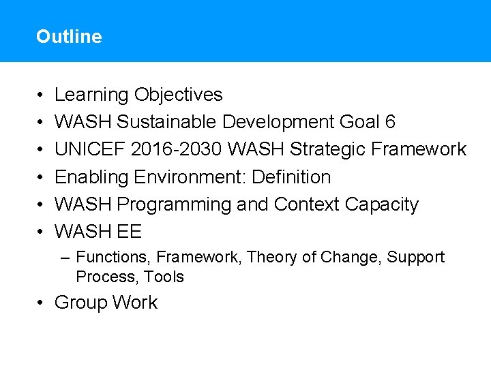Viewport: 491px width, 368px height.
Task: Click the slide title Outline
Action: (69, 37)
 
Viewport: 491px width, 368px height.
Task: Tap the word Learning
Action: (91, 95)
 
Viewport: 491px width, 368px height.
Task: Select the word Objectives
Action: (179, 95)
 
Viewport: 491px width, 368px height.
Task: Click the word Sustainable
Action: (167, 122)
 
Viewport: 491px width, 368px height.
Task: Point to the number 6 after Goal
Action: (390, 122)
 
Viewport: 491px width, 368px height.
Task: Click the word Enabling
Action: (92, 177)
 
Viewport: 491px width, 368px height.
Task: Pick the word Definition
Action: (291, 177)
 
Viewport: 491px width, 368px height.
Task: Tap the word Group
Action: (81, 303)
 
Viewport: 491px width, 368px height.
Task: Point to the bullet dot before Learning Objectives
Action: (42, 95)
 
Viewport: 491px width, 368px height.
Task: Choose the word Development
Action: (278, 122)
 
